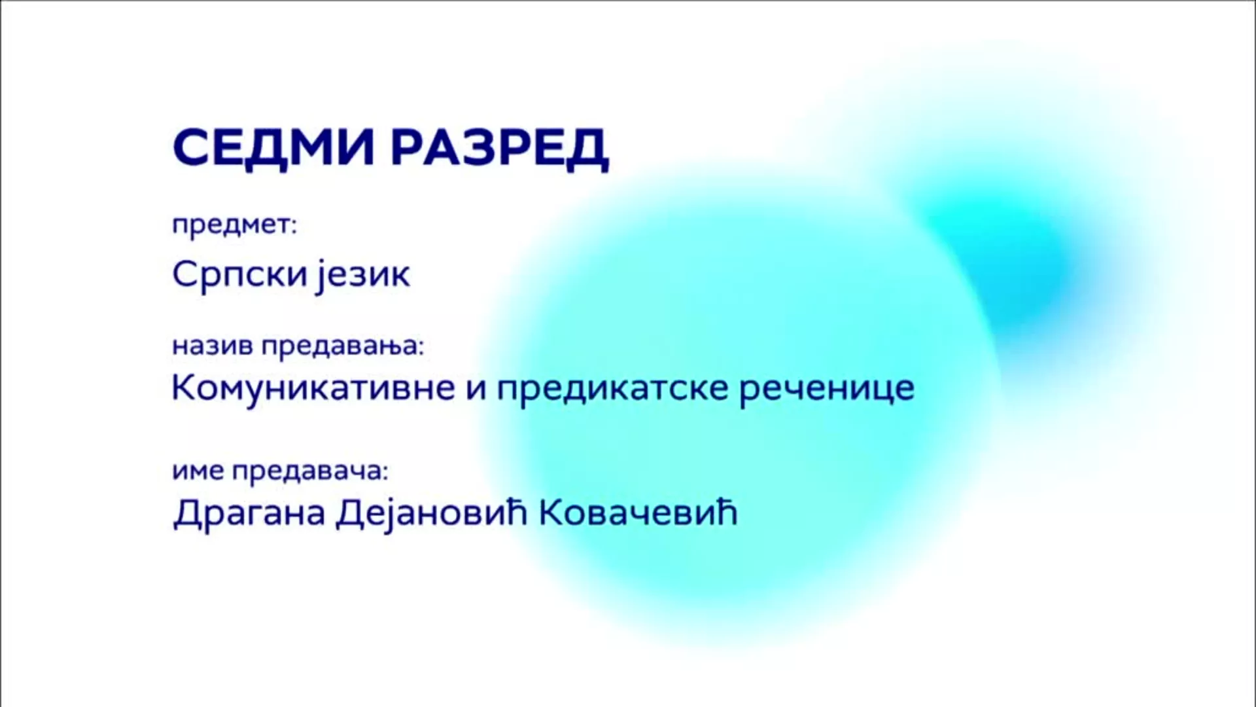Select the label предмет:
click(234, 226)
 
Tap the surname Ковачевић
click(638, 513)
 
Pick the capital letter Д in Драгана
click(186, 514)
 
